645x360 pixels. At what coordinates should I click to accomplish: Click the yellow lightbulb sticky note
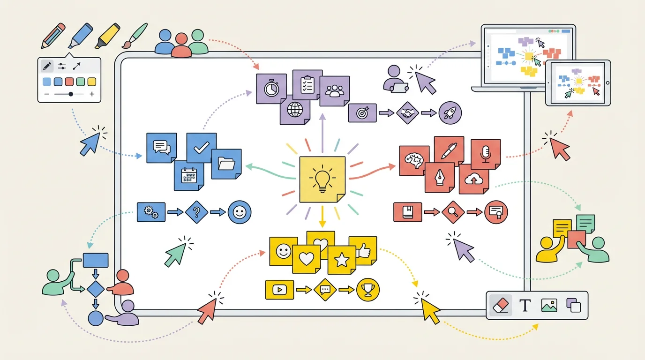tap(322, 180)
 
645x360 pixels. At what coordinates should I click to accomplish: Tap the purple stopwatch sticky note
tap(271, 89)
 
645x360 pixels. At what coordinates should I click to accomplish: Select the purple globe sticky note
tap(295, 110)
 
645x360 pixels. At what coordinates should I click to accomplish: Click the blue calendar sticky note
tap(188, 176)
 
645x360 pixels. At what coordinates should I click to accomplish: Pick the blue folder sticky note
tap(226, 164)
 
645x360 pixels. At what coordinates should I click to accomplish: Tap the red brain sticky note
tap(414, 160)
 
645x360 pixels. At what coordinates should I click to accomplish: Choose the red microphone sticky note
tap(486, 154)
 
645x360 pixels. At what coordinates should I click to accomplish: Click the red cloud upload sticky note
tap(473, 179)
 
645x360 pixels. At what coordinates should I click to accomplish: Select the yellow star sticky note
tap(341, 260)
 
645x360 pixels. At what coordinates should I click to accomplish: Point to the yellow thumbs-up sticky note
tap(363, 251)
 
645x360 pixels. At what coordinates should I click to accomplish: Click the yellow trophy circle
tap(367, 290)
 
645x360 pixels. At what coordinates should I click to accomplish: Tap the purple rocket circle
tap(450, 113)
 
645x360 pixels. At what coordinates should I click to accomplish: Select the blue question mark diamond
tap(197, 212)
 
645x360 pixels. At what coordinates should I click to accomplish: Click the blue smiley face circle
tap(239, 212)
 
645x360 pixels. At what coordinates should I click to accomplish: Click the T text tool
tap(525, 306)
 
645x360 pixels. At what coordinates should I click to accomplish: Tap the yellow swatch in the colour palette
tap(92, 82)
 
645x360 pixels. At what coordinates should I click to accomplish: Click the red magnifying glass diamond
tap(453, 212)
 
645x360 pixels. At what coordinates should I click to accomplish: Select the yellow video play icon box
tap(279, 290)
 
